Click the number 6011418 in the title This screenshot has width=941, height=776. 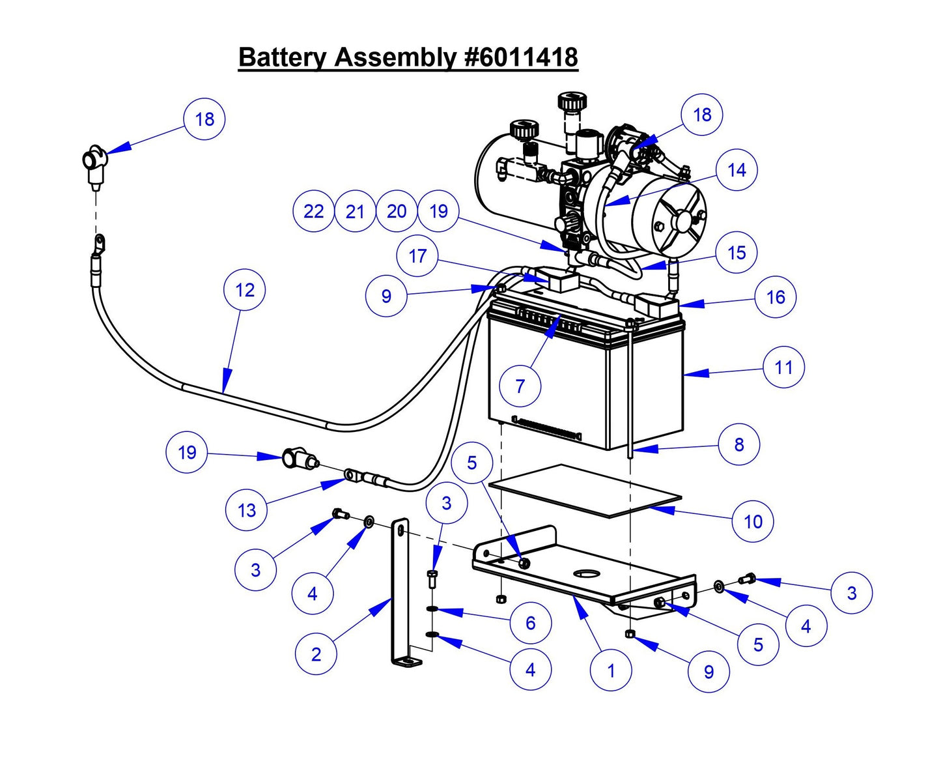coord(522,57)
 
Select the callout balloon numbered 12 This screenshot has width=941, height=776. coord(244,290)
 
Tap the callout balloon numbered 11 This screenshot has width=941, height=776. coord(783,367)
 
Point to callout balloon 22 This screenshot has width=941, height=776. coord(313,211)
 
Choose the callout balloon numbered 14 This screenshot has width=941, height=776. coord(736,170)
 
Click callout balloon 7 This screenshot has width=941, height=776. coord(520,386)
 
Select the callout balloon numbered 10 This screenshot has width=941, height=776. coord(753,521)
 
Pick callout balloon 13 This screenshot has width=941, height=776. coord(246,510)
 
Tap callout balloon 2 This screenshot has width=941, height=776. coord(316,654)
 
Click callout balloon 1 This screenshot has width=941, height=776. coord(611,670)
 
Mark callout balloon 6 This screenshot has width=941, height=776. coord(530,623)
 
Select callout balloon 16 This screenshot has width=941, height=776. coord(775,297)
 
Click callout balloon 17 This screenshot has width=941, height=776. coord(417,255)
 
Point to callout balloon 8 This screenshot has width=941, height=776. coord(738,444)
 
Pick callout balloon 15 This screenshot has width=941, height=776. coord(736,253)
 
